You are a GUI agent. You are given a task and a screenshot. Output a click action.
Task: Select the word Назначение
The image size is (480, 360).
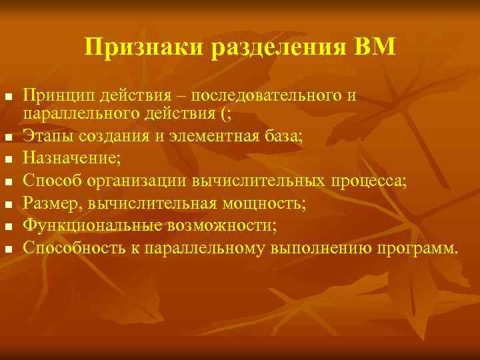[x=70, y=159]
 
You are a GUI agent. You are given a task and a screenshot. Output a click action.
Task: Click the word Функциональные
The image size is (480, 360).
[x=85, y=226]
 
